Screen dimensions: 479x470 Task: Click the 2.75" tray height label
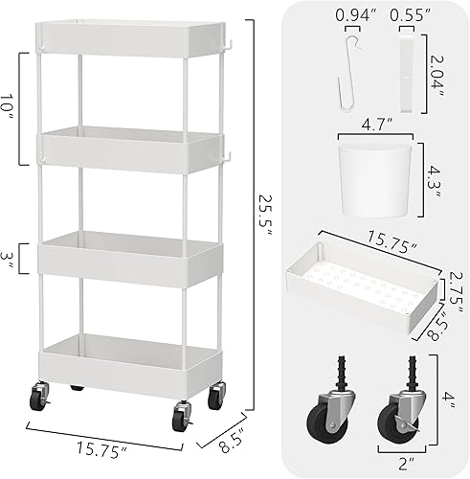[x=453, y=285]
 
